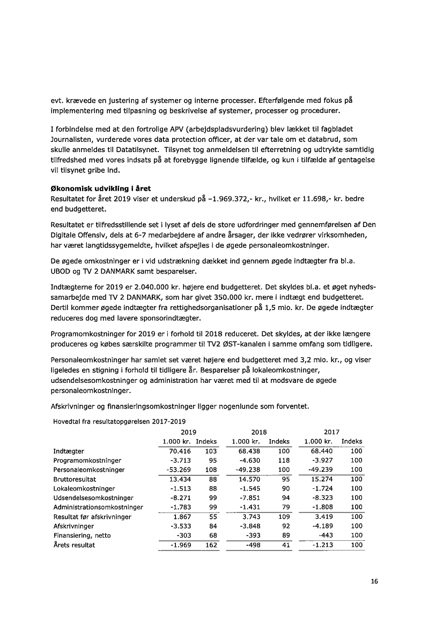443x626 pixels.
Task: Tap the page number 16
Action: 374,582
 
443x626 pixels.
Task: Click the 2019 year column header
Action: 188,432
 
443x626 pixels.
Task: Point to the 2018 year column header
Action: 259,432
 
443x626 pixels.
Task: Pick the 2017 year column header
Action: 331,432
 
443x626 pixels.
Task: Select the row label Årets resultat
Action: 74,545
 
